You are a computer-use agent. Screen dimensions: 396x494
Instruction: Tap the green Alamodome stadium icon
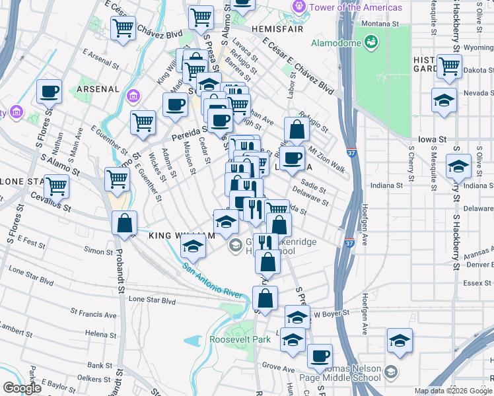372,43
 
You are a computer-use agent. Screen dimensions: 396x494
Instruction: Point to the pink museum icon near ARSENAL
133,97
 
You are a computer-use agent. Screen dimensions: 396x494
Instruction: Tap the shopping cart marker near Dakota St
449,66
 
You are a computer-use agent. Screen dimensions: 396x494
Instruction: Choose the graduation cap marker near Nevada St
444,100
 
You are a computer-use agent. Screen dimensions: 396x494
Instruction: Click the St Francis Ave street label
96,315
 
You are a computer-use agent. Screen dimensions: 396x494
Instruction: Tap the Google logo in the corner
22,388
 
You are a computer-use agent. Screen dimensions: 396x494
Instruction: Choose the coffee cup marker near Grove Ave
320,356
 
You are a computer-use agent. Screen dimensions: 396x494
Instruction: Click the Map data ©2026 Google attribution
452,391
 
